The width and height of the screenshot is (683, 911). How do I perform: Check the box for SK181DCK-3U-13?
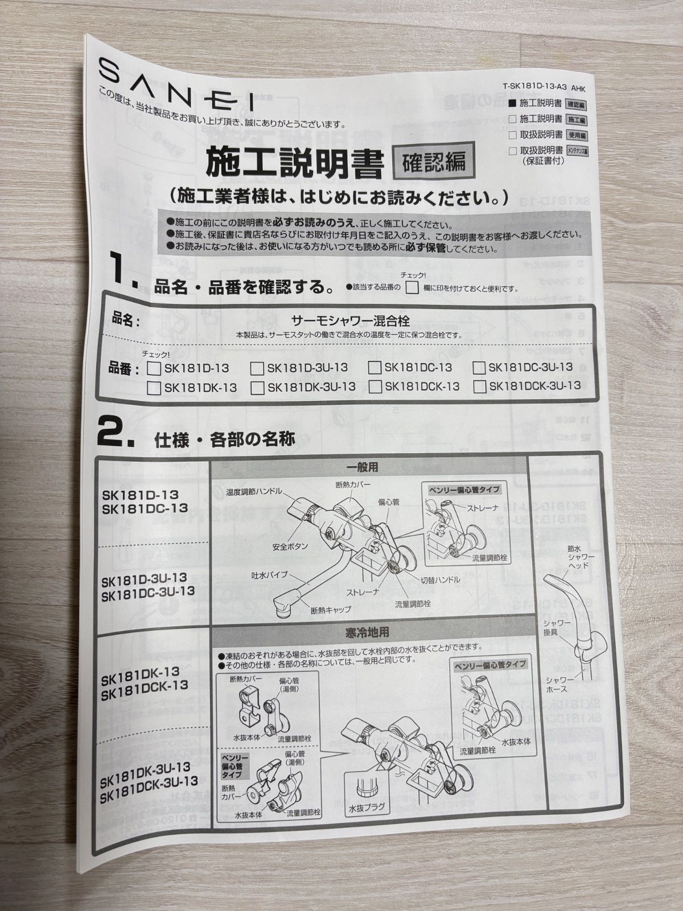pos(480,387)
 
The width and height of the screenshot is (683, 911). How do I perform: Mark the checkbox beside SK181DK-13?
pos(153,388)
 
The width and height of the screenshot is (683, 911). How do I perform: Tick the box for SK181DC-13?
pos(375,367)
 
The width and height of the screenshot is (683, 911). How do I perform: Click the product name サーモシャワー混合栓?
pos(350,321)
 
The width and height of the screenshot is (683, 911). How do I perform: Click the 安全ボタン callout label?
pos(290,546)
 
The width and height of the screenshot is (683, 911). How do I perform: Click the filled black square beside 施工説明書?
pos(512,104)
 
